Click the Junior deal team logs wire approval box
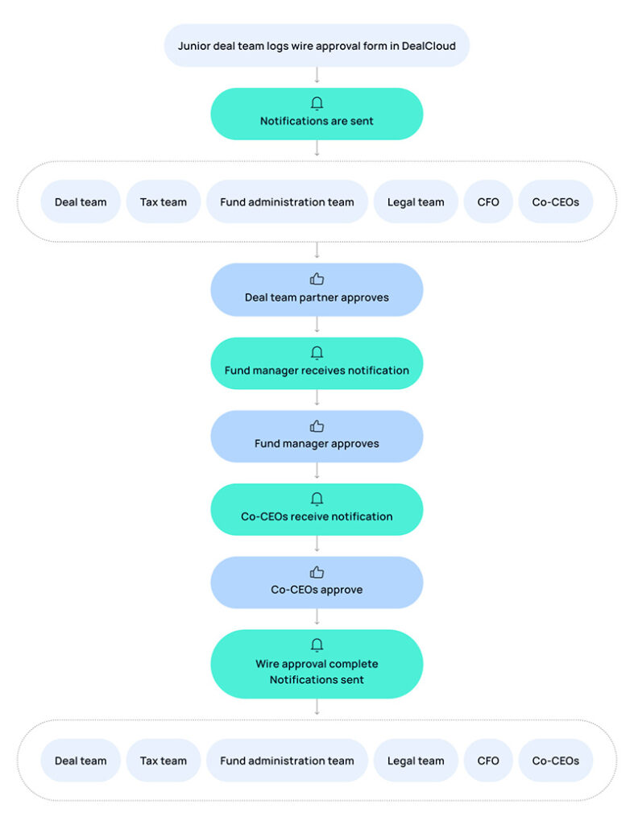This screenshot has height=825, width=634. tap(317, 45)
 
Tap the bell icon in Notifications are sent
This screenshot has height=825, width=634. tap(317, 103)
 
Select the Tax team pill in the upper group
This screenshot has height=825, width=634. tap(163, 202)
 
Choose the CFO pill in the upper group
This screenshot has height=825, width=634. tap(488, 202)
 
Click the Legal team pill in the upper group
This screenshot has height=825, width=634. tap(416, 202)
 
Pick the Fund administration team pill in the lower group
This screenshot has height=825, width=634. tap(287, 761)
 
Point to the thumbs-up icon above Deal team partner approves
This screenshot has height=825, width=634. tap(317, 279)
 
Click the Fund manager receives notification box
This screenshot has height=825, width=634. tap(317, 363)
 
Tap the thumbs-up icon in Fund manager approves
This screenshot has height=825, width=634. tap(317, 425)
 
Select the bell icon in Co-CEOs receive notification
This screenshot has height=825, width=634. tap(317, 499)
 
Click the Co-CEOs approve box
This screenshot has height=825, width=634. tap(317, 582)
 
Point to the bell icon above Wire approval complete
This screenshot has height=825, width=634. tap(317, 645)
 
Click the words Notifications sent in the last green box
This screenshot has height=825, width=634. tap(317, 680)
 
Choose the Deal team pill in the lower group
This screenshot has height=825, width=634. tap(81, 761)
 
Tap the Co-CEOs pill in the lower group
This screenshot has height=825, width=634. tap(556, 761)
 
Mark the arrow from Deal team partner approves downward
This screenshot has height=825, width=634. tap(317, 325)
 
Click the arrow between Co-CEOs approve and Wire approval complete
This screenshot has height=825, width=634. tap(317, 617)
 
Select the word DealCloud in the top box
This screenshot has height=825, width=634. tap(429, 46)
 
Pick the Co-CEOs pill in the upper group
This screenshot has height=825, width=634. tap(556, 202)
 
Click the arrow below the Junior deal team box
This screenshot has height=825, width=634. tap(317, 75)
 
